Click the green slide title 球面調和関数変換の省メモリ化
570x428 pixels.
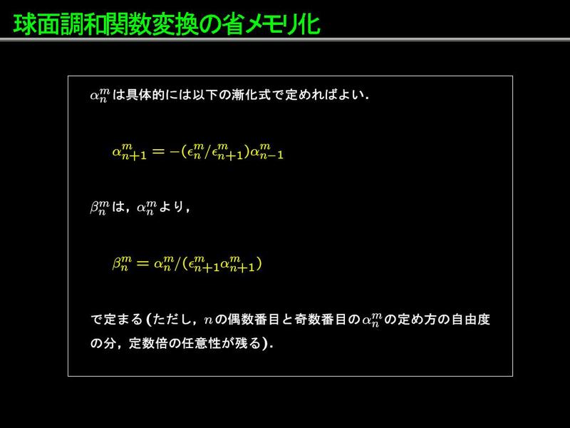(167, 24)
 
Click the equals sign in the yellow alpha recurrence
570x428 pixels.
(158, 151)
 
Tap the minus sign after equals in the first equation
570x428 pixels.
(175, 151)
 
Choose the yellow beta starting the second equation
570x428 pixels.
(122, 263)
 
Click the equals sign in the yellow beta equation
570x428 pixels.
(142, 263)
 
